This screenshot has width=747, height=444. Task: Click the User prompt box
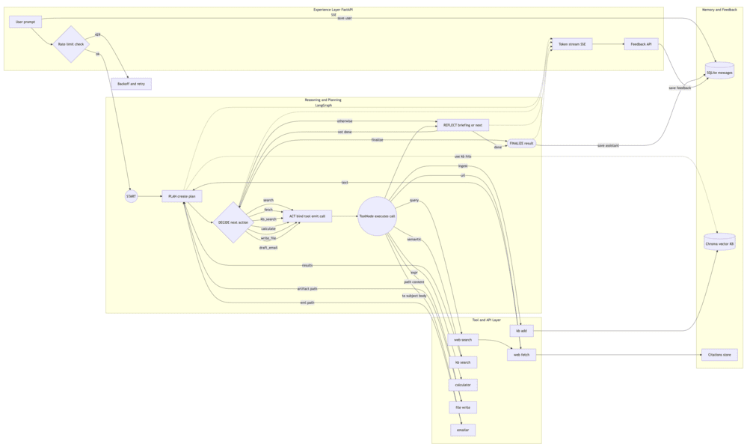pos(25,22)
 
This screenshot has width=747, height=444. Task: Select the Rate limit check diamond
pos(71,44)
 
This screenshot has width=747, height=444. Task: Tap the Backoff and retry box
pos(131,84)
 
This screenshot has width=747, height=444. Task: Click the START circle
pos(131,196)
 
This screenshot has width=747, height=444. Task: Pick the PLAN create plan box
pos(182,196)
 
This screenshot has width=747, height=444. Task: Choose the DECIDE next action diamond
pos(233,222)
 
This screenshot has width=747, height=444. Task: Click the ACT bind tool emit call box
pos(307,216)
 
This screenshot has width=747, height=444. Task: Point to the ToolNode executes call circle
pos(377,216)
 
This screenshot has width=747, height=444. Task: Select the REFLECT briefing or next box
pos(462,125)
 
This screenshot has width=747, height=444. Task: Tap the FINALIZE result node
pos(521,143)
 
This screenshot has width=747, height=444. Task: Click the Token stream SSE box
pos(572,44)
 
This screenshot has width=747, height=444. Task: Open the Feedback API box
pos(641,44)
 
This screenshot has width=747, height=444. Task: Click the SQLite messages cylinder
pos(719,72)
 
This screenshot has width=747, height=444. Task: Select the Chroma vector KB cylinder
pos(719,243)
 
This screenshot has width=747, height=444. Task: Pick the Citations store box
pos(719,355)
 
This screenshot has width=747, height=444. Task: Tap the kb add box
pos(521,330)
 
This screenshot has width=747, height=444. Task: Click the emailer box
pos(463,430)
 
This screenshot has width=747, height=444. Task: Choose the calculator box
pos(463,385)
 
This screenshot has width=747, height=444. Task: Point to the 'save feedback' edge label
pos(680,88)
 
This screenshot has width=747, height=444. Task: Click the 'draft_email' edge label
pos(268,247)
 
